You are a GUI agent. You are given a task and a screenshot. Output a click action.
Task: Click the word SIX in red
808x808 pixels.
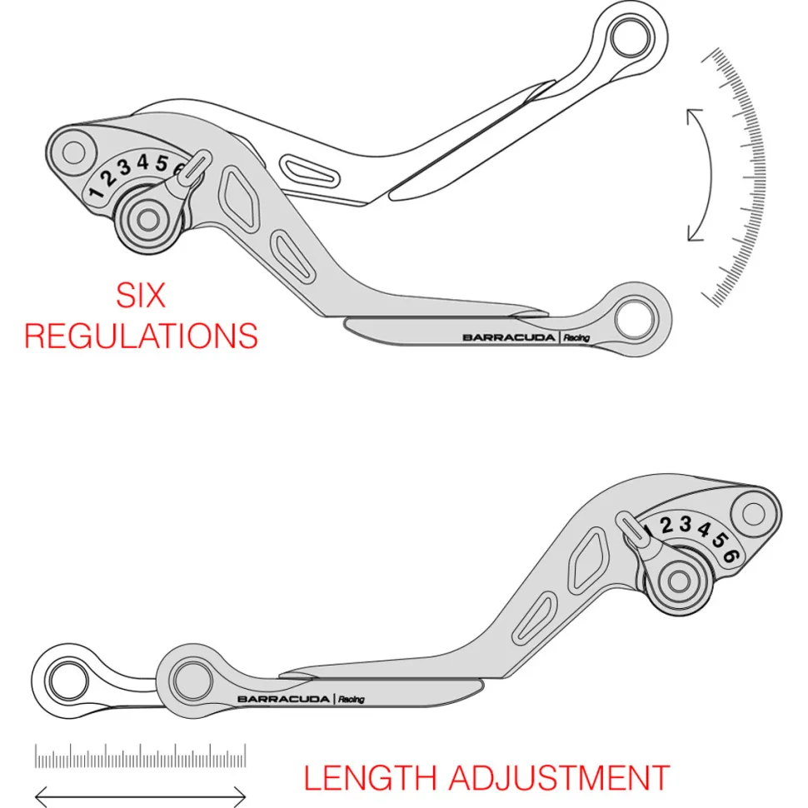141,295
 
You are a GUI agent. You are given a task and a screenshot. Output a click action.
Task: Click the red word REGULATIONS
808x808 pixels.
142,336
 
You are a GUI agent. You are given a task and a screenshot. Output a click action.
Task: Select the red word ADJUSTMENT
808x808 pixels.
559,778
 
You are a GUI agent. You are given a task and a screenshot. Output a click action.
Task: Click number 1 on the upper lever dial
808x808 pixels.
96,192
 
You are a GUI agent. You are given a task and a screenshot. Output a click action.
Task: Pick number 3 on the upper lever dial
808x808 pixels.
124,167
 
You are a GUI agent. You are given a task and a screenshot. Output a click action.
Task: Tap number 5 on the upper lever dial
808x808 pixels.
162,163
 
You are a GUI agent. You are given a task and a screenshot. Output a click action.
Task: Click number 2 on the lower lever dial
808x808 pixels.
666,526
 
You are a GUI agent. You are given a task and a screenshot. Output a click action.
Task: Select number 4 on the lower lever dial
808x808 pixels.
704,529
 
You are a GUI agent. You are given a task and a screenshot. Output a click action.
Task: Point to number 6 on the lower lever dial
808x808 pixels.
731,556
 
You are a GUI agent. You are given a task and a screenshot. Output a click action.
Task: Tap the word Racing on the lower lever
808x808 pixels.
352,699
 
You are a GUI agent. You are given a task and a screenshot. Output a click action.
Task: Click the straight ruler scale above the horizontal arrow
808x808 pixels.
140,756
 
